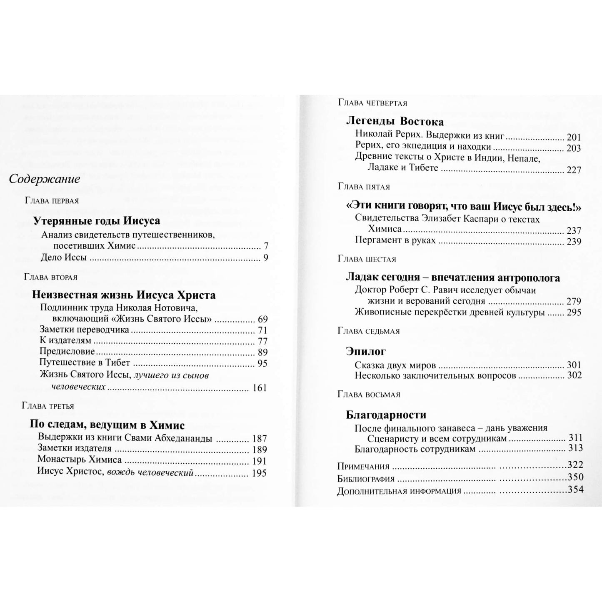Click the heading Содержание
tap(45, 180)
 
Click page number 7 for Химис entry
tap(266, 246)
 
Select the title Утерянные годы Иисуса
tap(96, 221)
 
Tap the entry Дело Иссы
tap(64, 258)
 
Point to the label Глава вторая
tap(51, 277)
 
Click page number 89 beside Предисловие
tap(262, 352)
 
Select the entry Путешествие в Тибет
tap(85, 363)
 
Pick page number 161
tap(259, 388)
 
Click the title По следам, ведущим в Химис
tap(107, 425)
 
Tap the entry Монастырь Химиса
tap(80, 460)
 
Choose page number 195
tap(259, 473)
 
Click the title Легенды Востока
tap(395, 122)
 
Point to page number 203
tap(574, 148)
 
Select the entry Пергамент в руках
tap(395, 240)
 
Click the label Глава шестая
tap(367, 259)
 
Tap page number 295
tap(574, 312)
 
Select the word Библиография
tap(366, 479)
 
